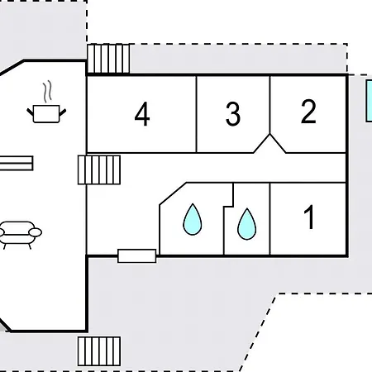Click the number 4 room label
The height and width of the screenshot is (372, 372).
tap(142, 114)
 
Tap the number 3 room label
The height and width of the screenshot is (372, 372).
tap(233, 114)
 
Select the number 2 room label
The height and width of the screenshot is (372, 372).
tap(308, 112)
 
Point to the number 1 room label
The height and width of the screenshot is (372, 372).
tap(309, 217)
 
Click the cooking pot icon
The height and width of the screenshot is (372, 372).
tap(46, 113)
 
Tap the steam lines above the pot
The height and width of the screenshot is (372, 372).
tap(48, 92)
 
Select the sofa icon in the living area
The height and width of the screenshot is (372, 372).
tap(19, 235)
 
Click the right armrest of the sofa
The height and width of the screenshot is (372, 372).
tap(36, 232)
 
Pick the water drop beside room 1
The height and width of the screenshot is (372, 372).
tap(246, 224)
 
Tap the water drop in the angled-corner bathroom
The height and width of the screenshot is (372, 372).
tap(193, 219)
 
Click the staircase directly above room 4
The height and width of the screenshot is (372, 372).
tap(108, 59)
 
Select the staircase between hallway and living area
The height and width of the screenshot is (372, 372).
tap(99, 169)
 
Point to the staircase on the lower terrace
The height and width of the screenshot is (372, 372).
tap(99, 351)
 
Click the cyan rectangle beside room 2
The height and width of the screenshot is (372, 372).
tap(369, 101)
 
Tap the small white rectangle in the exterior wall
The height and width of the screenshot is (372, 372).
tap(137, 256)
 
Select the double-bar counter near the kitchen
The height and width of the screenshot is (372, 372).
tap(17, 163)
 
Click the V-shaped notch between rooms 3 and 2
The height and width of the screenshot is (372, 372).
tap(269, 143)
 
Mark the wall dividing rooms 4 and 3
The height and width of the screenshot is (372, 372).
tap(197, 114)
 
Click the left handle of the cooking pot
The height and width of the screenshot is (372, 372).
tap(30, 112)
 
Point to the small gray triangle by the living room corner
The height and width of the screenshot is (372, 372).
tap(2, 327)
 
